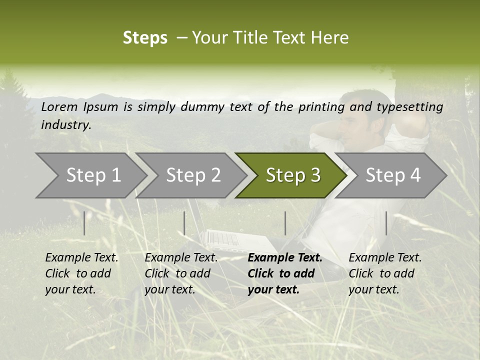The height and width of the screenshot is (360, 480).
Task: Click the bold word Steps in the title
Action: pyautogui.click(x=145, y=38)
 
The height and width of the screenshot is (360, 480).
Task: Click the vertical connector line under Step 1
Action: pyautogui.click(x=84, y=223)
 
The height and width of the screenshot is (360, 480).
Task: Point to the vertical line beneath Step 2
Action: pyautogui.click(x=184, y=223)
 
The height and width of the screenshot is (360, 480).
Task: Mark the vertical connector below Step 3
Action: pyautogui.click(x=285, y=223)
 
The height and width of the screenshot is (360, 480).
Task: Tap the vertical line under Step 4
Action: pyautogui.click(x=386, y=223)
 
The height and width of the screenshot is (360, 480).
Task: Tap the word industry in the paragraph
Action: pyautogui.click(x=66, y=125)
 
